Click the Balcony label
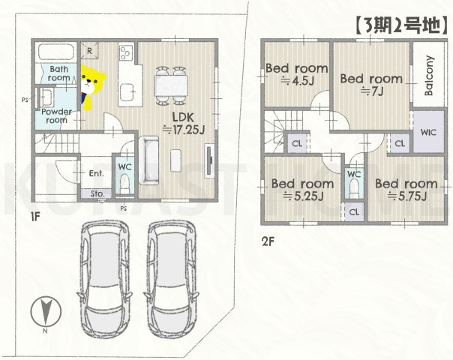tap(427, 77)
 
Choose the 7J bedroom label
tap(370, 84)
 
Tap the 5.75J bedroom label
tap(406, 190)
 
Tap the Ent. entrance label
tap(96, 173)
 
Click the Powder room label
tap(56, 116)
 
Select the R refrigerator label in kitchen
tap(89, 51)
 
